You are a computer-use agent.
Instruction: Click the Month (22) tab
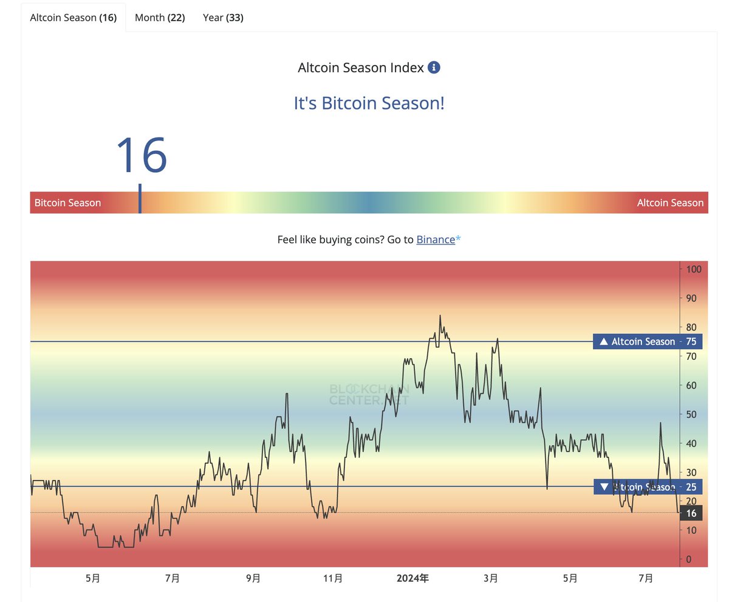point(160,18)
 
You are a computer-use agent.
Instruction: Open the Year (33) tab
point(223,18)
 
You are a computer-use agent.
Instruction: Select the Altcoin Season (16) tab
point(73,18)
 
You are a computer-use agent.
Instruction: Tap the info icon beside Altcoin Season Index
point(434,67)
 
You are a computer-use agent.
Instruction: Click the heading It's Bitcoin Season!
point(369,103)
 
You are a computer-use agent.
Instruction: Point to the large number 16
point(141,156)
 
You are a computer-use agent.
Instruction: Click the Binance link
point(435,240)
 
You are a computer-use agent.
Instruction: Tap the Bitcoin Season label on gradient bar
point(67,203)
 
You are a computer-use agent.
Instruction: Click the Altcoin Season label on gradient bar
point(669,203)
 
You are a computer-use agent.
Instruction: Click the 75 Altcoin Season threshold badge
point(647,342)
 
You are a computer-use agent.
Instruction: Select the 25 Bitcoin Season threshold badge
point(647,487)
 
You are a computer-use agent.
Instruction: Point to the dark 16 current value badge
point(691,513)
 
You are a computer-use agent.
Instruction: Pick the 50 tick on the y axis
point(691,415)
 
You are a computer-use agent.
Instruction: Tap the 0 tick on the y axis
point(688,559)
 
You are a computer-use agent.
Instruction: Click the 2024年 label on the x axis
point(413,578)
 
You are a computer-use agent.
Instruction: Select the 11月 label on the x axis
point(333,578)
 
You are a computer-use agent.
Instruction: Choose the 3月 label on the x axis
point(491,578)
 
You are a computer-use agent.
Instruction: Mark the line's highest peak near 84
point(440,316)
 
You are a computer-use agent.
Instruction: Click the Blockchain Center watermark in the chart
point(369,395)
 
